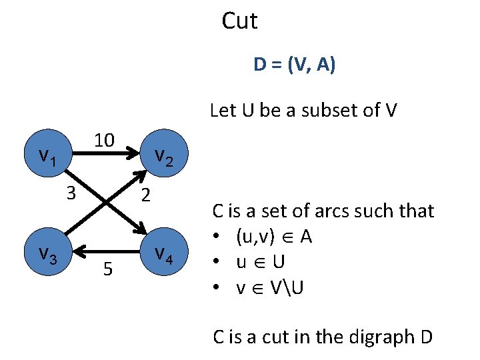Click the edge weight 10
click(104, 140)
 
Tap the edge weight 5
click(107, 269)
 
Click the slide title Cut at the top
click(239, 21)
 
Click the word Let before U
click(223, 109)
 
